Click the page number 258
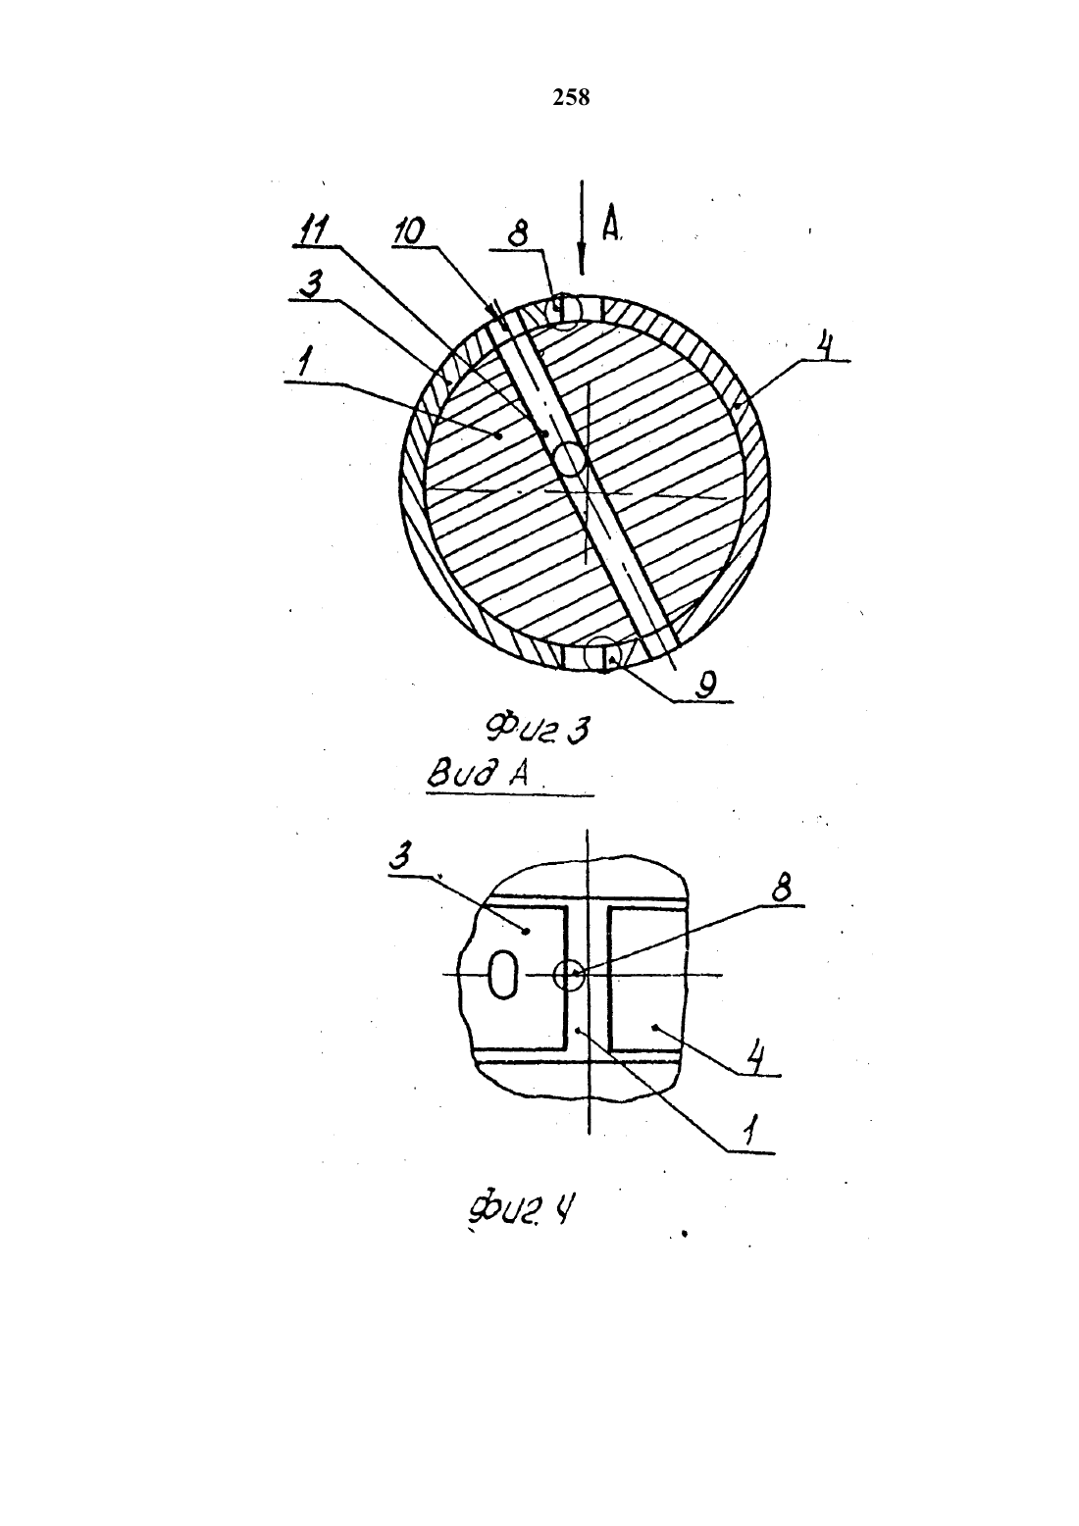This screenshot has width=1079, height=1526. click(x=571, y=98)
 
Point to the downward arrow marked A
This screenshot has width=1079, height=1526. click(x=581, y=228)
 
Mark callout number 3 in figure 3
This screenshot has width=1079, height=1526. click(x=313, y=284)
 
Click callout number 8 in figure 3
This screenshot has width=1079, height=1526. click(x=517, y=236)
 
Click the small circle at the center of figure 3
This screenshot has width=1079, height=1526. click(x=570, y=459)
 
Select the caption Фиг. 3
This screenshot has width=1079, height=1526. click(x=537, y=730)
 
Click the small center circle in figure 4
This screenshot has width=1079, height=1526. click(x=569, y=975)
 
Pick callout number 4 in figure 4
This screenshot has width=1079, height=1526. click(x=755, y=1058)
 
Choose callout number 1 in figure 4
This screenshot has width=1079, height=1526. click(x=750, y=1131)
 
